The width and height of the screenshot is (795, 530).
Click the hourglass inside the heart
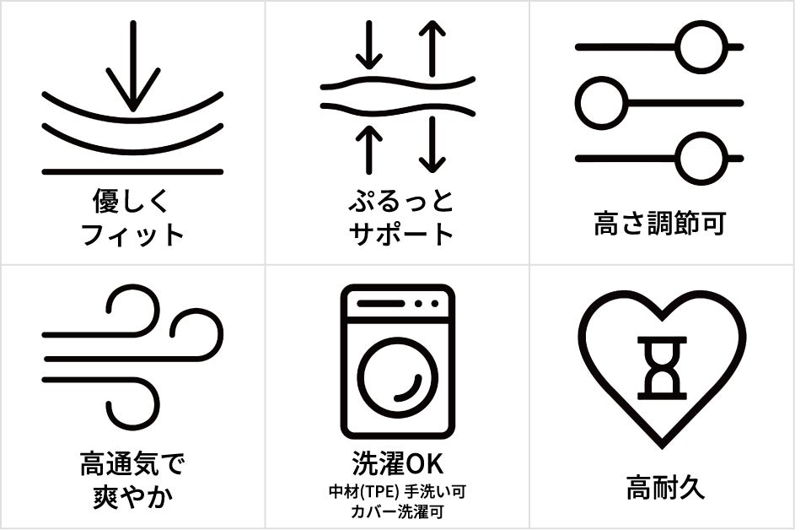[x=662, y=368]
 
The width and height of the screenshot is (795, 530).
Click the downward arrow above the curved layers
[x=133, y=66]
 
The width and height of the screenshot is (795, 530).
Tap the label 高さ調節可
[x=659, y=224]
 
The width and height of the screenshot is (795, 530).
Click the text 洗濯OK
[x=398, y=463]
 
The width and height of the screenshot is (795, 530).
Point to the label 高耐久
[x=665, y=487]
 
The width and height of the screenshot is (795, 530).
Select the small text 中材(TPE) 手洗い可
[x=397, y=491]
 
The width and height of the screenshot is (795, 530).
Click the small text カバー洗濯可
[x=397, y=511]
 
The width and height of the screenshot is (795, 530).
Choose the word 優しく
[x=131, y=201]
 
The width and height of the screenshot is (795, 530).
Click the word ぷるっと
[x=400, y=201]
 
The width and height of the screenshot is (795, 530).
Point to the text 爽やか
[x=133, y=497]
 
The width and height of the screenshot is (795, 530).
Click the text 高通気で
[x=133, y=463]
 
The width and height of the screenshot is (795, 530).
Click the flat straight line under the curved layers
[x=133, y=172]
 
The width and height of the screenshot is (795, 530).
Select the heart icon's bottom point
[x=662, y=446]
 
